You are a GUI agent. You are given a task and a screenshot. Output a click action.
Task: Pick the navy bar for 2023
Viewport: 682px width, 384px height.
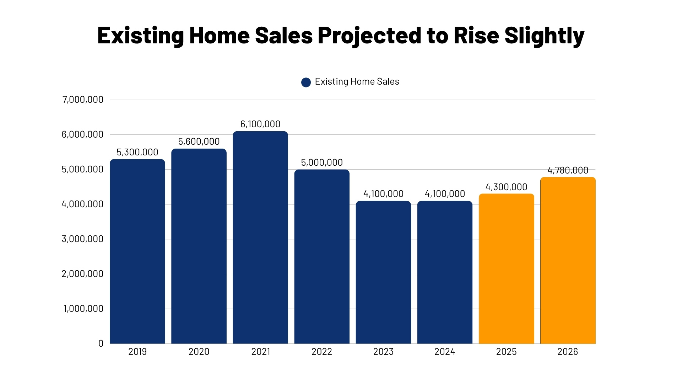(383, 272)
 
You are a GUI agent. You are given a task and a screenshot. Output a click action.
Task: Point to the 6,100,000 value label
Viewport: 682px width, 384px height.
(260, 124)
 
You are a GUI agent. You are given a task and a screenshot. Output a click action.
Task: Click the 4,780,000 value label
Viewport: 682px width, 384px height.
(568, 170)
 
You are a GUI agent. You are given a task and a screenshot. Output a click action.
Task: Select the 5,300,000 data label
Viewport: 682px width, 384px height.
(137, 152)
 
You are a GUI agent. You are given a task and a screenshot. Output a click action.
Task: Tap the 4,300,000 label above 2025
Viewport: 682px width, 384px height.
(506, 187)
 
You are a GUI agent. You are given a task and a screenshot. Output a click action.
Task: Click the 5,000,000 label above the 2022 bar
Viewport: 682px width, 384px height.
(322, 162)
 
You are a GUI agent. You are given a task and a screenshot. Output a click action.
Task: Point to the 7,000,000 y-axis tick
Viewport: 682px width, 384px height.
(83, 100)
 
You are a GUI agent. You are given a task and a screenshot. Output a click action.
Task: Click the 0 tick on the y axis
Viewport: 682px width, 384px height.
(101, 343)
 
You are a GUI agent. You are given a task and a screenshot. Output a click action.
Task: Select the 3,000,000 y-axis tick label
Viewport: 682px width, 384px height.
(83, 239)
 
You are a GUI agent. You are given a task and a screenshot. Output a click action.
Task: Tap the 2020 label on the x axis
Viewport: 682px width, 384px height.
(199, 352)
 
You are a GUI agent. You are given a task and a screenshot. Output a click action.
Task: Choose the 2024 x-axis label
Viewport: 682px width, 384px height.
(445, 352)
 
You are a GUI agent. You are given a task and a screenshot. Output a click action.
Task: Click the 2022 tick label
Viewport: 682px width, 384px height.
(322, 352)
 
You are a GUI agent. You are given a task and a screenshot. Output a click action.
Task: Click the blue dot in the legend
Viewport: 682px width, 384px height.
(306, 82)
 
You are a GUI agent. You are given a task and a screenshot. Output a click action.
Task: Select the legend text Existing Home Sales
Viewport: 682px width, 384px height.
(357, 82)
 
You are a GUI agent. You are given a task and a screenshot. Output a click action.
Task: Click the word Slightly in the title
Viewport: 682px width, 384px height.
(544, 36)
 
